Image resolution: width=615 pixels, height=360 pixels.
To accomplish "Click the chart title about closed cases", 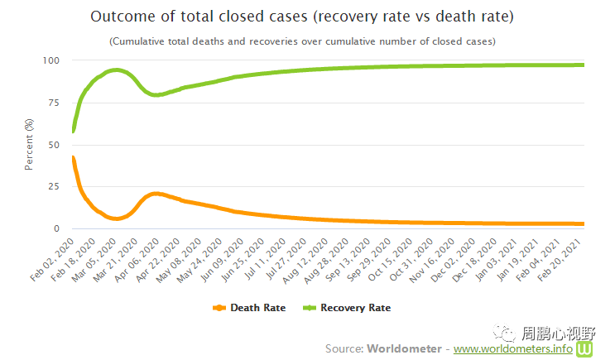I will pyautogui.click(x=301, y=17).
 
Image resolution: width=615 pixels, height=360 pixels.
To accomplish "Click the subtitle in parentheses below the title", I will pyautogui.click(x=302, y=41).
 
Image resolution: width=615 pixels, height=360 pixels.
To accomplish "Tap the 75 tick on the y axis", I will pyautogui.click(x=52, y=103).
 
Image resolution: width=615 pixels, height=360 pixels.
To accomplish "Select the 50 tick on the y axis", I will pyautogui.click(x=52, y=145).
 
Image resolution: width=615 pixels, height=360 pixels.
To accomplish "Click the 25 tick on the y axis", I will pyautogui.click(x=52, y=187).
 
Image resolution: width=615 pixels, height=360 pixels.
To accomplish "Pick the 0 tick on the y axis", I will pyautogui.click(x=55, y=229).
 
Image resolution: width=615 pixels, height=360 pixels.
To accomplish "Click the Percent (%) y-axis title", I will pyautogui.click(x=30, y=144).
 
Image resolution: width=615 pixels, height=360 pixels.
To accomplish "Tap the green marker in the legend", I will pyautogui.click(x=310, y=308).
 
